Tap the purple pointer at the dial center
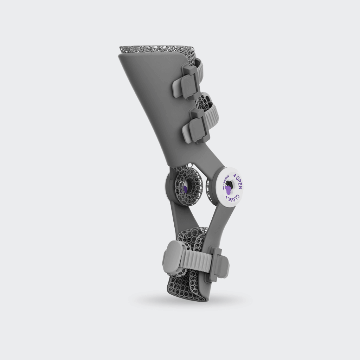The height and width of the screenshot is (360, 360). tap(229, 190)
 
